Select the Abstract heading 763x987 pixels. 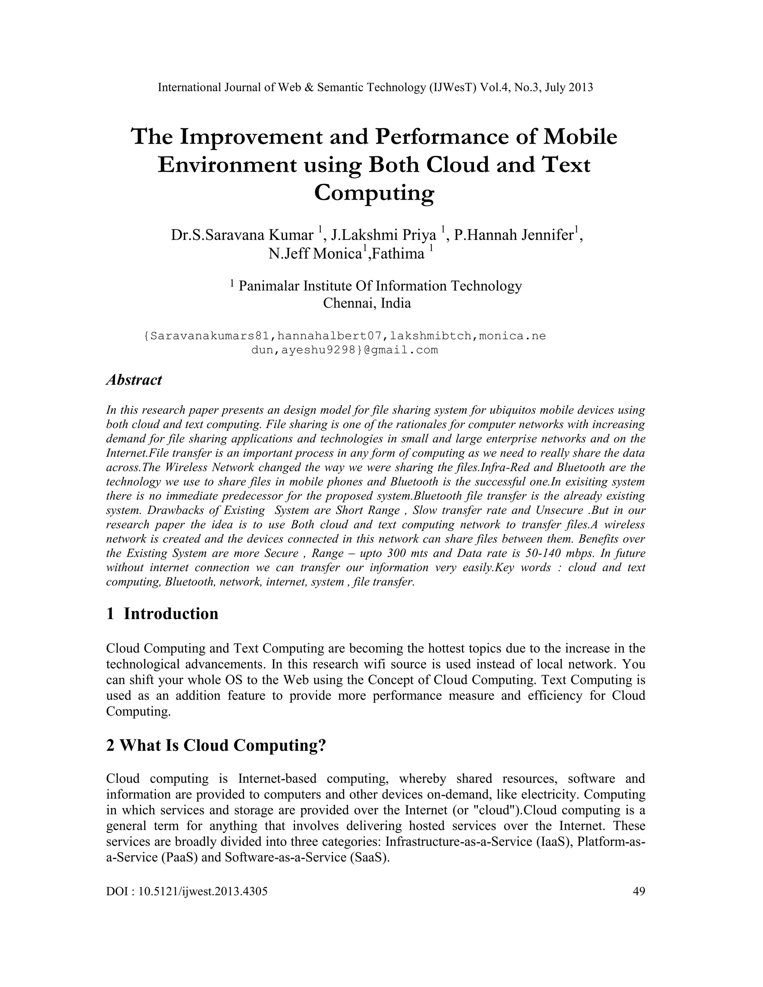(x=134, y=380)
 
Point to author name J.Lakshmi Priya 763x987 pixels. (x=383, y=235)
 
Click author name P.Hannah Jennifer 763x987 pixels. (x=513, y=235)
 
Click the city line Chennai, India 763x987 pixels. (x=367, y=302)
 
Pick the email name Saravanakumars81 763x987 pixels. (x=210, y=336)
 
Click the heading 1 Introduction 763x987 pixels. (x=162, y=613)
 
